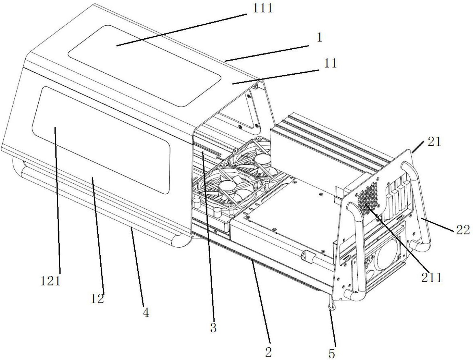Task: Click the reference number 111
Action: (x=262, y=8)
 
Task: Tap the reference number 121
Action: (x=50, y=281)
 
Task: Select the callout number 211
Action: (x=431, y=278)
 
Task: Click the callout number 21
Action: (x=434, y=141)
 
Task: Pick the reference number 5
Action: (x=332, y=353)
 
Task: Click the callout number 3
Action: (x=213, y=328)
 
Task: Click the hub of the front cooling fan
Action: (x=227, y=186)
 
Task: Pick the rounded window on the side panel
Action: (x=101, y=139)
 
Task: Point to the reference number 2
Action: (x=268, y=352)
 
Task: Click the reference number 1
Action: (x=319, y=37)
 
